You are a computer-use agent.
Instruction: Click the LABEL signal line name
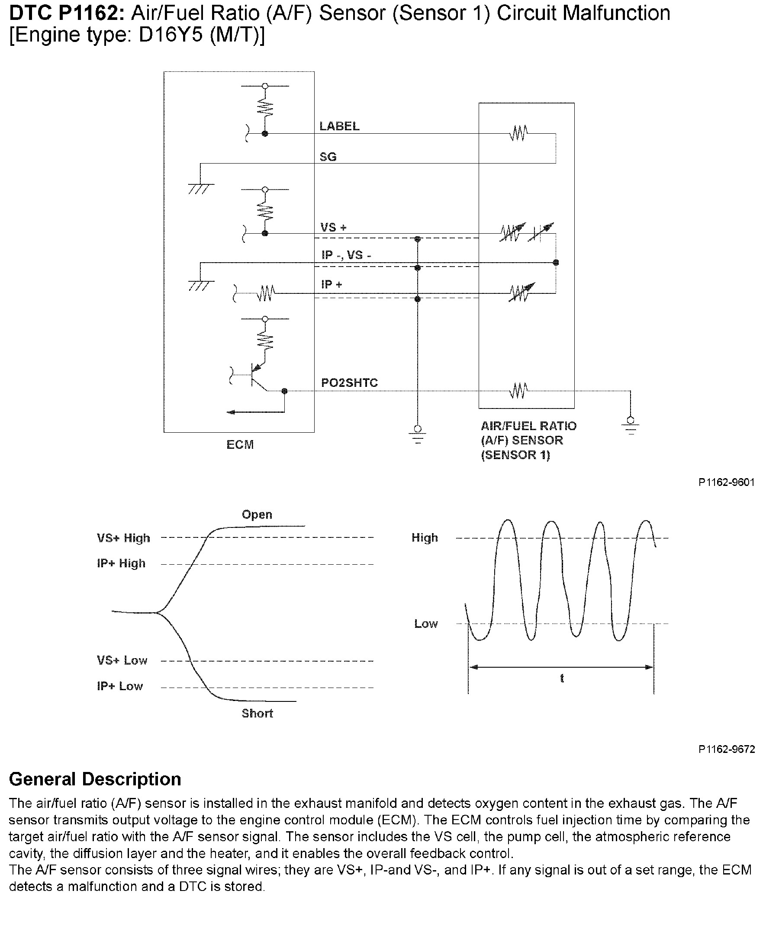[x=339, y=126]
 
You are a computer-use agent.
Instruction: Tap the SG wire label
[x=328, y=157]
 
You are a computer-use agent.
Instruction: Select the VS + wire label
[x=333, y=228]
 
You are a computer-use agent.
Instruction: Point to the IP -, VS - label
[x=346, y=255]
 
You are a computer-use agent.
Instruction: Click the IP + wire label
[x=332, y=285]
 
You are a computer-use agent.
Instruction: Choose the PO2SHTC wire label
[x=349, y=383]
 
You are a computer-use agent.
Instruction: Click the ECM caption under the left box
[x=240, y=445]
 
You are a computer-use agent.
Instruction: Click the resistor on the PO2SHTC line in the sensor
[x=518, y=391]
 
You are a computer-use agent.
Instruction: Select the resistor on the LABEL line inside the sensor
[x=518, y=133]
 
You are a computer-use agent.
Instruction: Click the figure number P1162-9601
[x=727, y=482]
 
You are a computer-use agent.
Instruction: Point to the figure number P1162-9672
[x=727, y=749]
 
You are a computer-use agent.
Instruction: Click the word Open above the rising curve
[x=257, y=515]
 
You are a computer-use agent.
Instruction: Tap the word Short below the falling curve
[x=257, y=714]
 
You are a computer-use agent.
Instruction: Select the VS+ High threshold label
[x=124, y=538]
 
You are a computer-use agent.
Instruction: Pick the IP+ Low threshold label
[x=120, y=686]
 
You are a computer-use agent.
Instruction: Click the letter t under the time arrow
[x=562, y=678]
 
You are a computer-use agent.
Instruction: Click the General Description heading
[x=95, y=779]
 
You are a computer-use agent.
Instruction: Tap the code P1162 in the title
[x=92, y=13]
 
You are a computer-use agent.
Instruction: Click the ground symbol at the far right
[x=631, y=426]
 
